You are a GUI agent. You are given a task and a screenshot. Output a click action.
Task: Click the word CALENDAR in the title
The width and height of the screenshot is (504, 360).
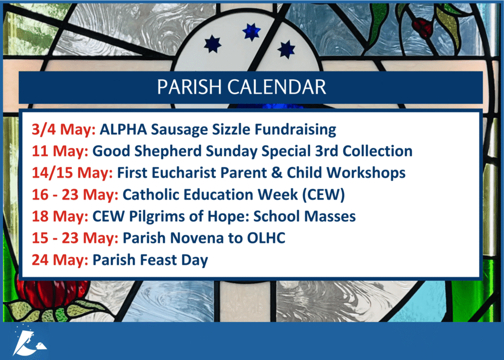pyautogui.click(x=277, y=87)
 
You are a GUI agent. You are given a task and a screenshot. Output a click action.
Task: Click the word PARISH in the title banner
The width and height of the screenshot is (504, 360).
pyautogui.click(x=189, y=87)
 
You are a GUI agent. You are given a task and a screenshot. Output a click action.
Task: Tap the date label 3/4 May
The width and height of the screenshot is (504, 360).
pyautogui.click(x=63, y=130)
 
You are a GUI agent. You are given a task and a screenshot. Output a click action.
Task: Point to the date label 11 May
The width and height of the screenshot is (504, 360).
pyautogui.click(x=60, y=151)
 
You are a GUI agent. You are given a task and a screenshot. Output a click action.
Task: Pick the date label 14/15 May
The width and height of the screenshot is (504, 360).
pyautogui.click(x=72, y=173)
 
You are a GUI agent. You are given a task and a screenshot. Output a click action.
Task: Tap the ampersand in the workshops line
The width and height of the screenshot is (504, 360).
pyautogui.click(x=277, y=173)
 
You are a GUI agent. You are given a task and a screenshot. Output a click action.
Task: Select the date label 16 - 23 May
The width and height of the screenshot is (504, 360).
pyautogui.click(x=75, y=195)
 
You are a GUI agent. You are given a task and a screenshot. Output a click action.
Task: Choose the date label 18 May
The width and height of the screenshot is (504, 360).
pyautogui.click(x=60, y=217)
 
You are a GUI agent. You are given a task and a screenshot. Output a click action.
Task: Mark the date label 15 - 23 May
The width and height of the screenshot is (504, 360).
pyautogui.click(x=75, y=238)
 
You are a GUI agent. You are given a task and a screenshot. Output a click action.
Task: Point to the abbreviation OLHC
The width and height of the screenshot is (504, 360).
pyautogui.click(x=266, y=238)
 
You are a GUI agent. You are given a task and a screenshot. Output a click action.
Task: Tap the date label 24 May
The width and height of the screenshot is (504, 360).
pyautogui.click(x=60, y=260)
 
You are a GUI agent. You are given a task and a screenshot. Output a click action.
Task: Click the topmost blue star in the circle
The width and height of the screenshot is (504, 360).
pyautogui.click(x=252, y=32)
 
